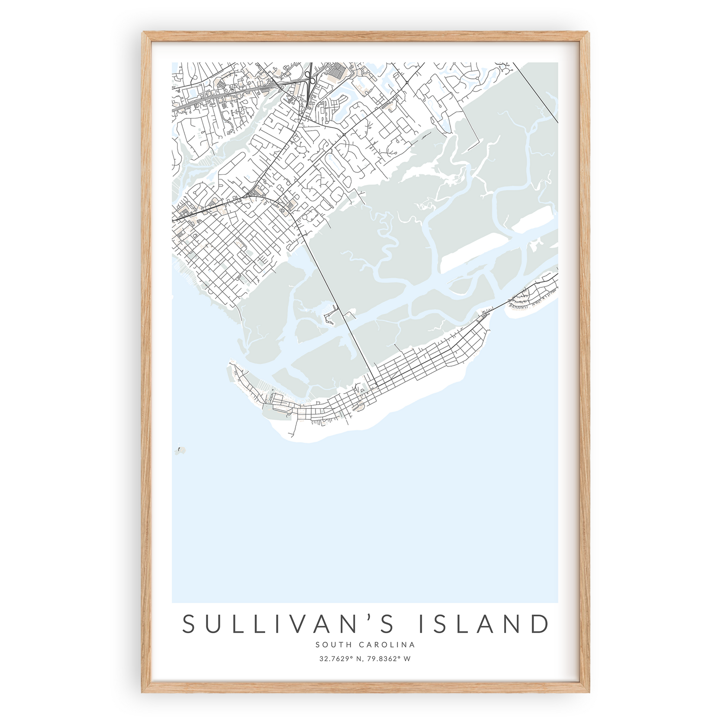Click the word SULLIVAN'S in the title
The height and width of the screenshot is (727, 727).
click(x=288, y=624)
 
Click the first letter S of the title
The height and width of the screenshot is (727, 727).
click(x=189, y=624)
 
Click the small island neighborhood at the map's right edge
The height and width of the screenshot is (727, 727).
click(x=534, y=294)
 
